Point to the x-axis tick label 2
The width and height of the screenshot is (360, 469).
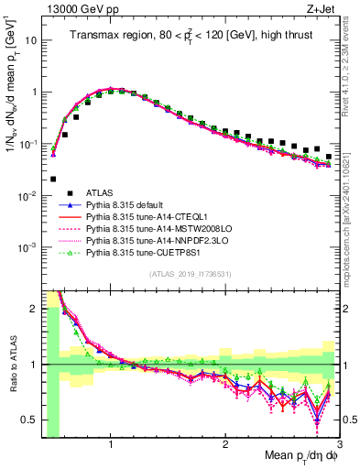point(224,446)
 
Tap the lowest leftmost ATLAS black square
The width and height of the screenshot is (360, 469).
point(53,180)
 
